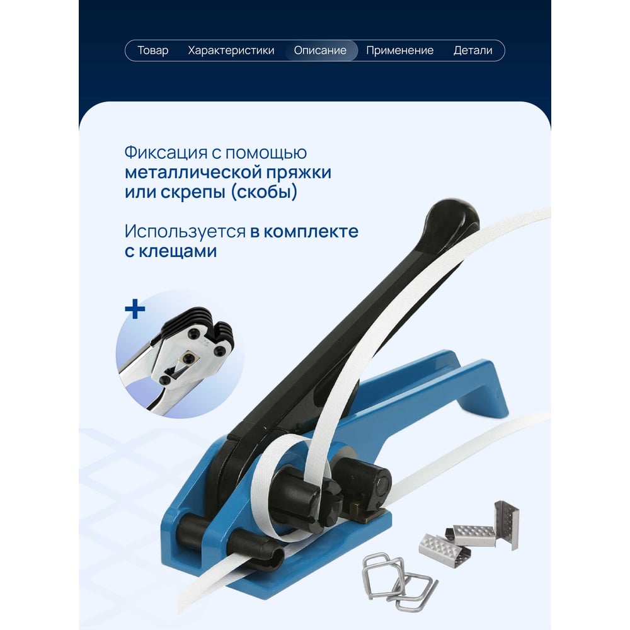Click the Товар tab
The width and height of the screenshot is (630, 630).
[152, 50]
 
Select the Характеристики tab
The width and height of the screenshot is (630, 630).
[231, 50]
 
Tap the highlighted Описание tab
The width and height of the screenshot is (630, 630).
[320, 50]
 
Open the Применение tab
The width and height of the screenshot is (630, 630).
[400, 50]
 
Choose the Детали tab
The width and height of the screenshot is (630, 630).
[473, 50]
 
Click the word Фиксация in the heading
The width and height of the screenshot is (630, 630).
[166, 153]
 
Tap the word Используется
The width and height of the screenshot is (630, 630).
[185, 232]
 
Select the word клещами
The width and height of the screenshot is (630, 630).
[178, 251]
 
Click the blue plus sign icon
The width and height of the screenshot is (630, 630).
[135, 309]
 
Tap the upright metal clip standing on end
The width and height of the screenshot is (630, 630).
[507, 524]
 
